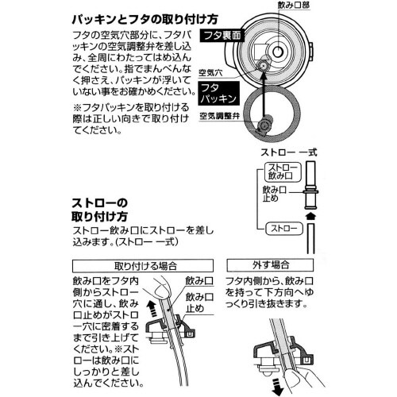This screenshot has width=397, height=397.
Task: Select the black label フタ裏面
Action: pos(245,36)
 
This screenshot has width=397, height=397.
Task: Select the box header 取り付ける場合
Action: pos(145,264)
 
